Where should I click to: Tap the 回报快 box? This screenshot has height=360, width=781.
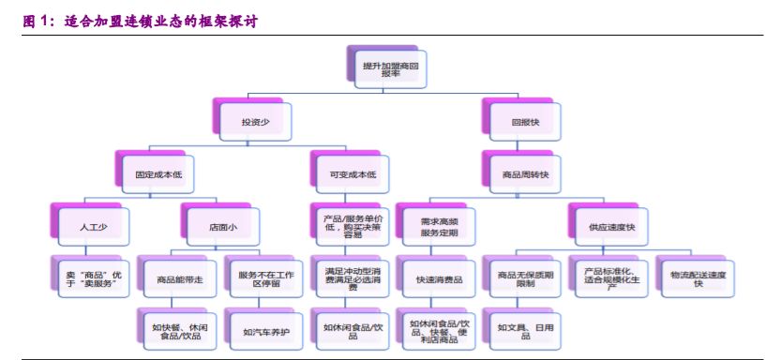[526, 122]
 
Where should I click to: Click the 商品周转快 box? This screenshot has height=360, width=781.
[526, 173]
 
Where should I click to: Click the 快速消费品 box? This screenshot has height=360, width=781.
[433, 277]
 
